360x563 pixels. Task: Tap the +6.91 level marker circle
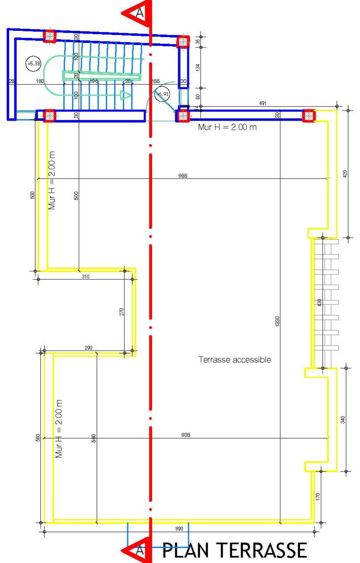pyautogui.click(x=162, y=95)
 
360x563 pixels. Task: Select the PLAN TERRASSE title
pyautogui.click(x=235, y=551)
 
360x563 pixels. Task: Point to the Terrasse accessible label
pyautogui.click(x=235, y=359)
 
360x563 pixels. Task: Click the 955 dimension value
pyautogui.click(x=183, y=175)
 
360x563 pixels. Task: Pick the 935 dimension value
pyautogui.click(x=186, y=435)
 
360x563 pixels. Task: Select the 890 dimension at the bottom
pyautogui.click(x=179, y=528)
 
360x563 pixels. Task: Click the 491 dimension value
pyautogui.click(x=263, y=103)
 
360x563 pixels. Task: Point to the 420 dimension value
pyautogui.click(x=344, y=174)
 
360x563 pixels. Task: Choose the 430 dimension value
pyautogui.click(x=319, y=303)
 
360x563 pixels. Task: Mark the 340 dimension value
pyautogui.click(x=343, y=420)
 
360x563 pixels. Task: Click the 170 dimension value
pyautogui.click(x=318, y=496)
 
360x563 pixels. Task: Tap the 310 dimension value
pyautogui.click(x=85, y=276)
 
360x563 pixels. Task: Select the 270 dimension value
pyautogui.click(x=122, y=311)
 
